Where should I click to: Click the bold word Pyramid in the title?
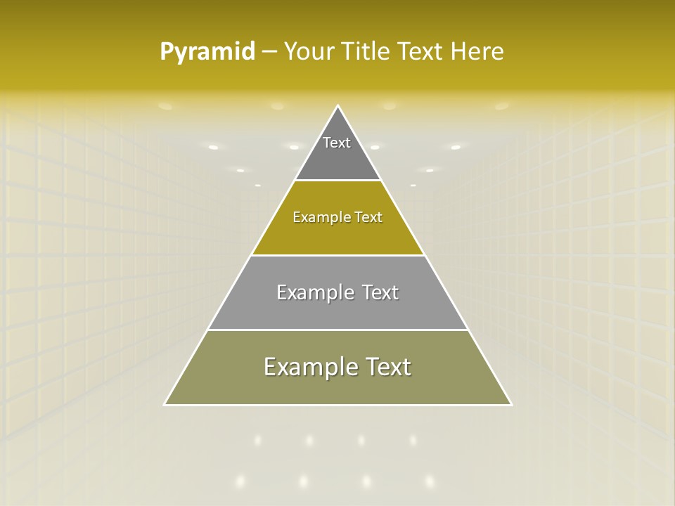(x=207, y=52)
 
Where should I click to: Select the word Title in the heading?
(x=367, y=52)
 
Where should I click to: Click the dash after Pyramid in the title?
(x=269, y=52)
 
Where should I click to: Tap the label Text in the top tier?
(x=337, y=143)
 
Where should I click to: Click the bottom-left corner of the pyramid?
(x=165, y=404)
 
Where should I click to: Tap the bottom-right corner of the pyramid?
(x=511, y=404)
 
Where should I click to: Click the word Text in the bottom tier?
(x=385, y=367)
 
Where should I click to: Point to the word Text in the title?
(x=421, y=52)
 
